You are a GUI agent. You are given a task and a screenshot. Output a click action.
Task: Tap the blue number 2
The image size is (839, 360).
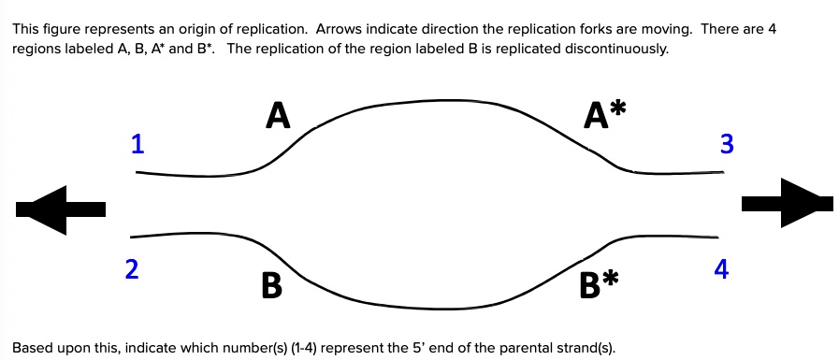click(x=132, y=269)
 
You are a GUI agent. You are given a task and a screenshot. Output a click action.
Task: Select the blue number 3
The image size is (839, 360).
click(x=726, y=144)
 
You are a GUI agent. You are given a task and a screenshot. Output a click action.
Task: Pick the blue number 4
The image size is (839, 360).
click(x=720, y=269)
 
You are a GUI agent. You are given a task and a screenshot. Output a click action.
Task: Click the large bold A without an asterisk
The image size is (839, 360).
click(x=278, y=116)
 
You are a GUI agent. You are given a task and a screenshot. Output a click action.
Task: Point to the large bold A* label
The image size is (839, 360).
click(x=604, y=116)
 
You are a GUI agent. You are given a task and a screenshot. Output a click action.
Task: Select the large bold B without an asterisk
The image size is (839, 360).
click(x=271, y=285)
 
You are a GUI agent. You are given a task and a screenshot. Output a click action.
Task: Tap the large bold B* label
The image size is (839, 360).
click(x=599, y=282)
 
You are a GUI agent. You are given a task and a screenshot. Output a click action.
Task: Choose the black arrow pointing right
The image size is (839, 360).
click(x=786, y=202)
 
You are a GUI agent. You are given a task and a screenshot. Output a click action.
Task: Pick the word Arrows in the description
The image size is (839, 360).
click(x=339, y=29)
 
